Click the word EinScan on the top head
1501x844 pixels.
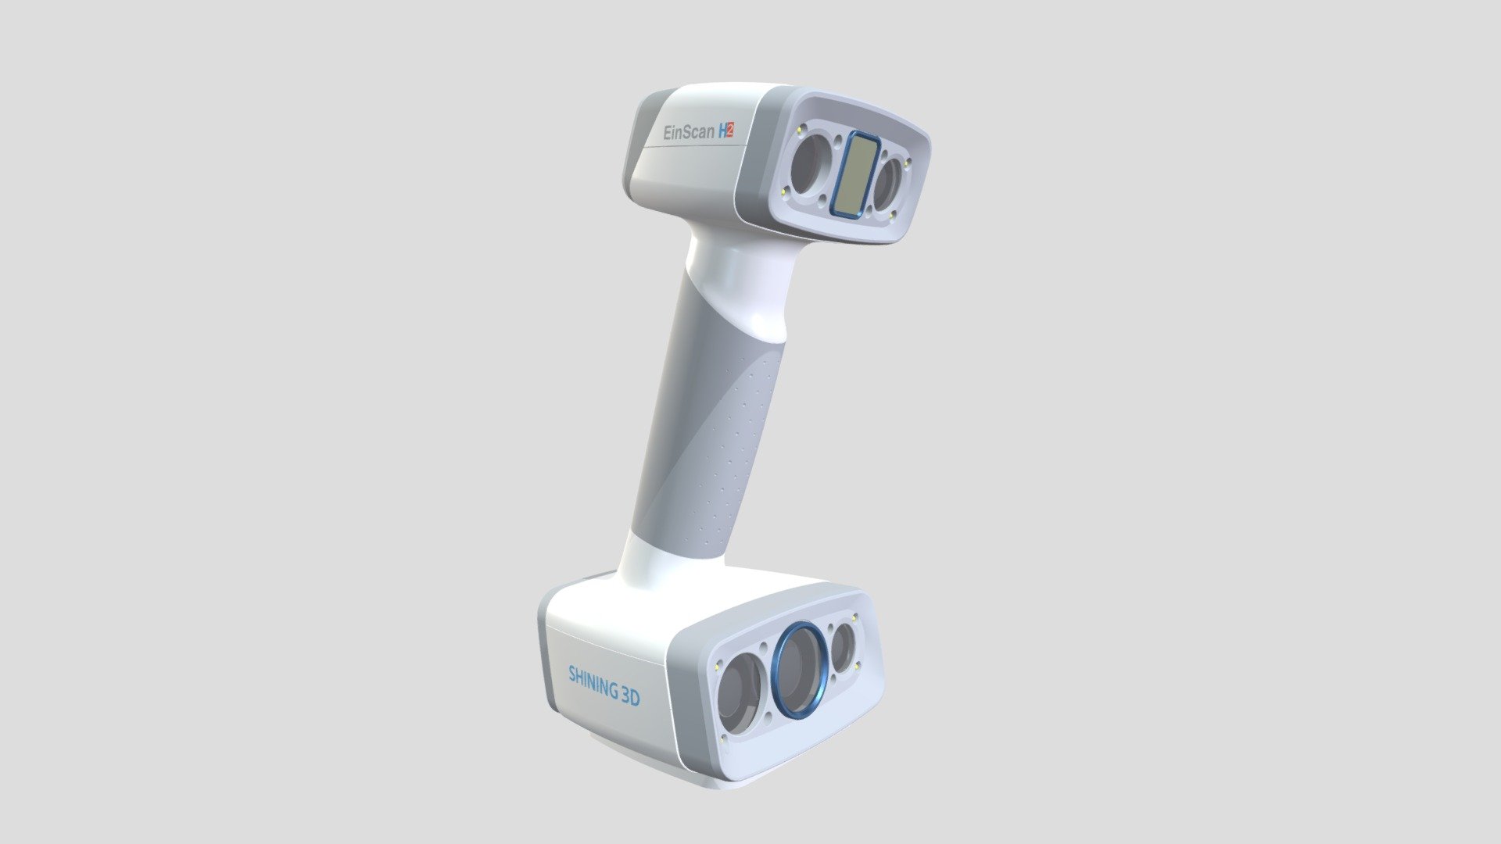(688, 132)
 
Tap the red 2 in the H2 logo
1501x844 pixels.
(729, 133)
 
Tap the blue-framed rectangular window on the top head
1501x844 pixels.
(850, 174)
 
